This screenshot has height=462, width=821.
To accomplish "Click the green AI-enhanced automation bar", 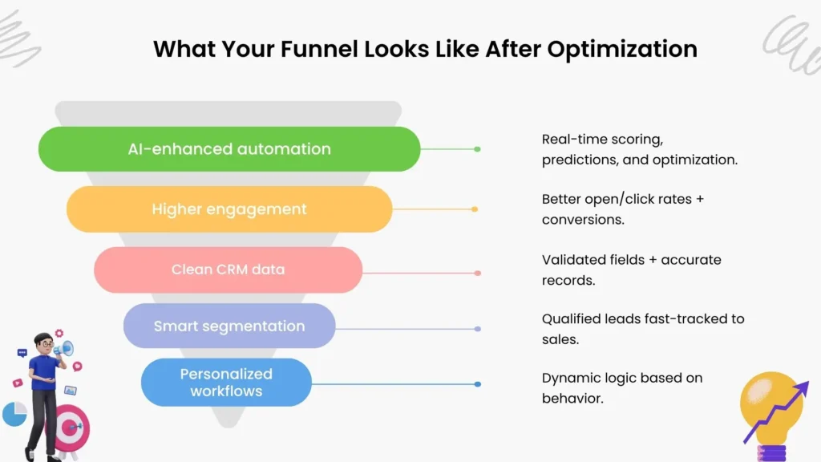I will (229, 149).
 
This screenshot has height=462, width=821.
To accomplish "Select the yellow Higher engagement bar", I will (229, 209).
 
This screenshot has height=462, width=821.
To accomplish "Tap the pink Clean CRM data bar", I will (229, 269).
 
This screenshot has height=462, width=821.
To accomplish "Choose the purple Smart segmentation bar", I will (229, 326).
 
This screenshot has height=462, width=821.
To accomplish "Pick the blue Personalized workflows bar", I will (226, 383).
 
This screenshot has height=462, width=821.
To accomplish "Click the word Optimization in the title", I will (622, 49).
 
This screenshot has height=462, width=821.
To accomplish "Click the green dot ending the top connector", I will (477, 149).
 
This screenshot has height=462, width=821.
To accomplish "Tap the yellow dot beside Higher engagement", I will (475, 209).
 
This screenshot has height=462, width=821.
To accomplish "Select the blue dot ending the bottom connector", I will (477, 384).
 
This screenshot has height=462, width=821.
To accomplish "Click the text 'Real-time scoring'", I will (602, 140).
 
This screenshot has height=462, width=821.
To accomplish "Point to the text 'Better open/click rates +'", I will (623, 199).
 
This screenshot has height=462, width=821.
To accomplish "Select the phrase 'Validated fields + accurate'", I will (631, 260).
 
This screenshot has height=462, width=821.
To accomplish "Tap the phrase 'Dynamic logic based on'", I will (622, 378).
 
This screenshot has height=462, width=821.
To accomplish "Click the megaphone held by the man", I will (66, 349).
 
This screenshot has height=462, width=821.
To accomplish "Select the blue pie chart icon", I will (14, 414).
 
